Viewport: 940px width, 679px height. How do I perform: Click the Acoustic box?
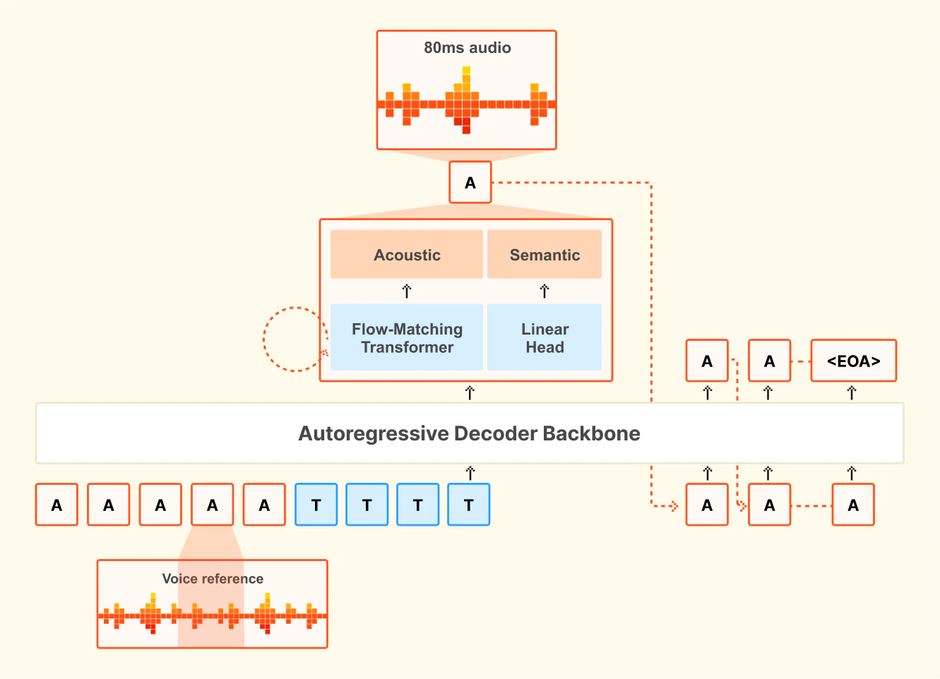click(x=407, y=255)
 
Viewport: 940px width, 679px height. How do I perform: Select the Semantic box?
click(x=545, y=255)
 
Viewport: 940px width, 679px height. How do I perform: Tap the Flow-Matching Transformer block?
click(x=407, y=338)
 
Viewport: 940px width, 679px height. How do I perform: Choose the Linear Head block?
click(x=545, y=338)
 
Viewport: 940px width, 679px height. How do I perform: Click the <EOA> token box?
click(x=853, y=361)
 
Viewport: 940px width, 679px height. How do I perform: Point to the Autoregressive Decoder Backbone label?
click(x=469, y=433)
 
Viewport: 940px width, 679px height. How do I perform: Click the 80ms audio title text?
click(x=467, y=48)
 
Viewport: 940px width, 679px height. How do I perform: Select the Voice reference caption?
click(x=213, y=579)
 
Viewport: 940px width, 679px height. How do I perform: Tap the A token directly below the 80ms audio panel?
click(x=470, y=183)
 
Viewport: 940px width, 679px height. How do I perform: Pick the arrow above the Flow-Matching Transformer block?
click(x=407, y=291)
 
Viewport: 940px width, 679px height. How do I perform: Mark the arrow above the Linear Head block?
click(x=545, y=291)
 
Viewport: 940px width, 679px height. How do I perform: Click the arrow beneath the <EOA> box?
click(x=852, y=392)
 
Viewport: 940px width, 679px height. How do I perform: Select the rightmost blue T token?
click(x=469, y=505)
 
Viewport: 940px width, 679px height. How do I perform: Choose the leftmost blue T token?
click(x=316, y=505)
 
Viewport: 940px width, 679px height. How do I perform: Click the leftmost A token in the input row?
click(x=56, y=505)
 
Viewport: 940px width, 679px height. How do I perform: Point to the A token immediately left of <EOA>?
click(x=769, y=361)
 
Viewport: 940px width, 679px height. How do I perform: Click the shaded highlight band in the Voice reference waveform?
click(x=210, y=621)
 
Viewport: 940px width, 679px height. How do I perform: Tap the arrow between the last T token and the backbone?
click(x=470, y=473)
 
